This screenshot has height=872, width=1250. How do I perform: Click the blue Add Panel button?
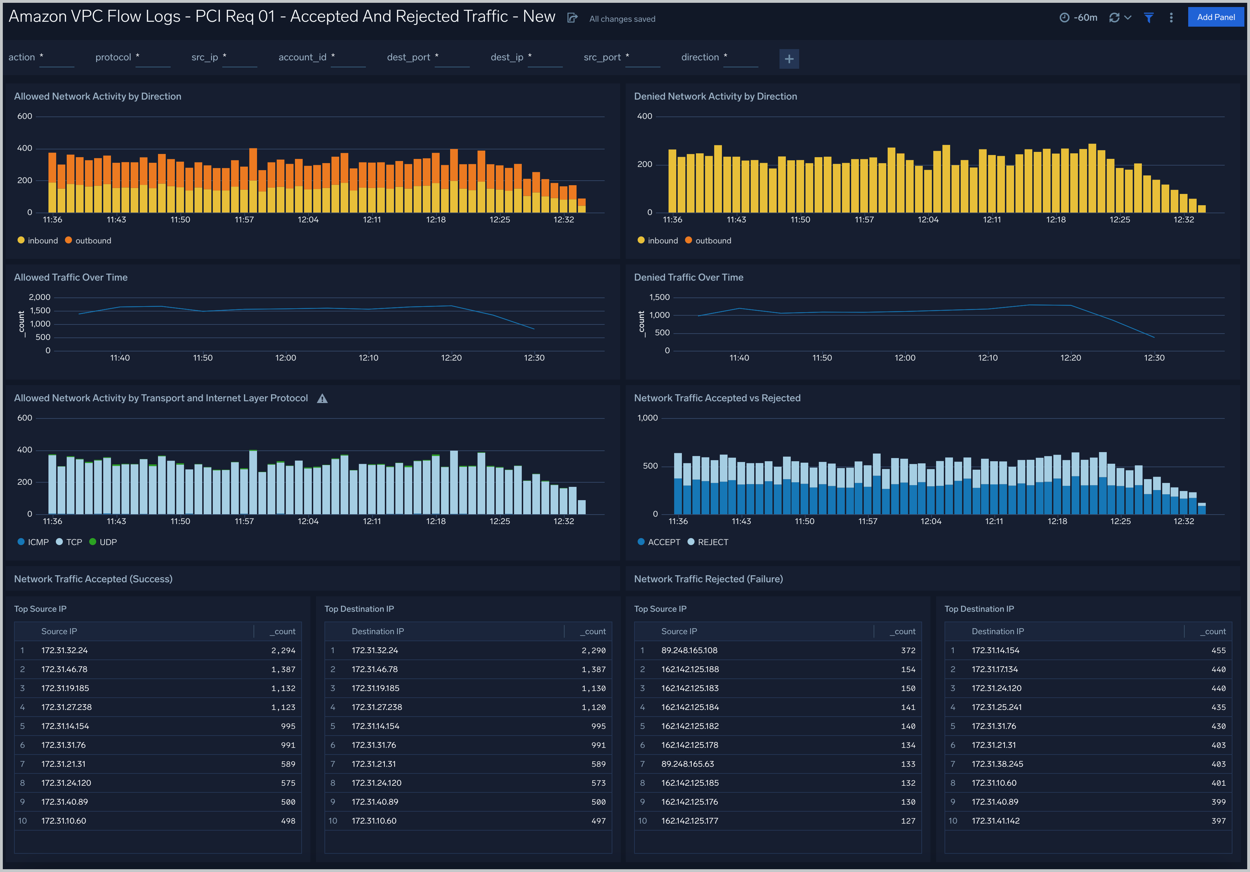tap(1215, 18)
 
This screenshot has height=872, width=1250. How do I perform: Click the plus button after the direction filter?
tap(789, 59)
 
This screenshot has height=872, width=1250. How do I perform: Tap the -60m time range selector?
tap(1079, 18)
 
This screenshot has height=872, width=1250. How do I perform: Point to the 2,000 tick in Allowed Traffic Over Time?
tap(39, 297)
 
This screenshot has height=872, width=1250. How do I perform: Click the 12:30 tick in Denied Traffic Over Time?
tap(1154, 358)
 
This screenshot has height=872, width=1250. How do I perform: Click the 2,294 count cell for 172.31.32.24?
tap(283, 650)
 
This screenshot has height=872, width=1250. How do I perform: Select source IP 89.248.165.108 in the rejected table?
tap(689, 650)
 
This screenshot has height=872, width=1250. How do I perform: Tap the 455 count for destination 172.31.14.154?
tap(1218, 650)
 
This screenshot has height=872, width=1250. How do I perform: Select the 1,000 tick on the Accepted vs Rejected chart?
tap(647, 418)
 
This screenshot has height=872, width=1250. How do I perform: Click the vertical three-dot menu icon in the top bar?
tap(1171, 18)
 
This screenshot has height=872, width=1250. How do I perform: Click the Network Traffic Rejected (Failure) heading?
tap(708, 579)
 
